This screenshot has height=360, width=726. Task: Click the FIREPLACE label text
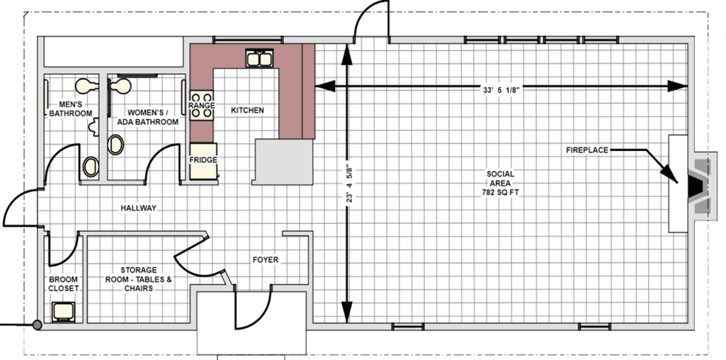pyautogui.click(x=587, y=150)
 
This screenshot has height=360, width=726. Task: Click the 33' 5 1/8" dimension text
pyautogui.click(x=501, y=90)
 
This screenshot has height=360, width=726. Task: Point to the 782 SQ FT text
pyautogui.click(x=500, y=191)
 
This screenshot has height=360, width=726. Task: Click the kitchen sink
pyautogui.click(x=259, y=58)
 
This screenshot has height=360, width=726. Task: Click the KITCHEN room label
pyautogui.click(x=247, y=111)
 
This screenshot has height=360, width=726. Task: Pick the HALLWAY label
pyautogui.click(x=138, y=208)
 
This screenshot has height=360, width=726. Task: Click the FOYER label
pyautogui.click(x=266, y=259)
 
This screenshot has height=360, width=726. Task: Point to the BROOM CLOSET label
pyautogui.click(x=64, y=283)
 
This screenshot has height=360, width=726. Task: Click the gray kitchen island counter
pyautogui.click(x=283, y=162)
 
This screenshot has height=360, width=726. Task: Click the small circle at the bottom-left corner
pyautogui.click(x=36, y=325)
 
